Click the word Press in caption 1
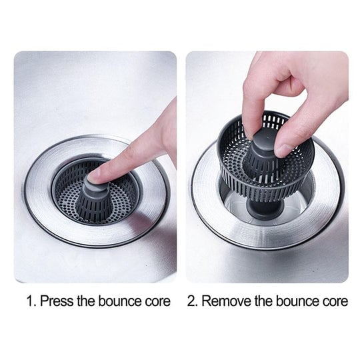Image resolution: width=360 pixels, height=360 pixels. click(56, 301)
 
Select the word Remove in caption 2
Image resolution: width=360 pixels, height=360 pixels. click(225, 301)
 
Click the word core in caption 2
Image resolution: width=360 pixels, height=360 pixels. click(334, 301)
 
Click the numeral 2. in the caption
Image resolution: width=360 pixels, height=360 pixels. click(193, 301)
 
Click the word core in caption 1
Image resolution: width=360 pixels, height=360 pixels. click(158, 301)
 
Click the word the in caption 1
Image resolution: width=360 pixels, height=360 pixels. click(86, 301)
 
